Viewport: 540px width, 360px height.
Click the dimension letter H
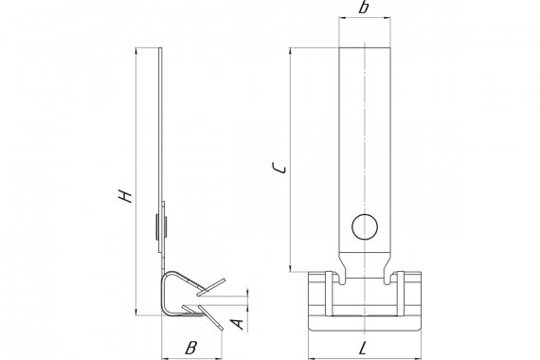coord(125,195)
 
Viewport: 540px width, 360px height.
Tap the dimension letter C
coord(279,168)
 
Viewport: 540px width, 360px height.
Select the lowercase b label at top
coord(363,8)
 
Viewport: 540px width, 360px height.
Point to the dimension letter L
coord(363,350)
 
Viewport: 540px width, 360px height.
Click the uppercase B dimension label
coord(190,348)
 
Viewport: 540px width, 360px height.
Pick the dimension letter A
coord(237,324)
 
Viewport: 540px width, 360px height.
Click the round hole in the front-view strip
coord(365,226)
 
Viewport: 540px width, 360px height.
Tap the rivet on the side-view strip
coord(161,226)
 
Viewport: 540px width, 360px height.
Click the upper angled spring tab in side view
coord(211,287)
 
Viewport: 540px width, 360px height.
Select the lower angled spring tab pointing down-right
coord(210,317)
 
